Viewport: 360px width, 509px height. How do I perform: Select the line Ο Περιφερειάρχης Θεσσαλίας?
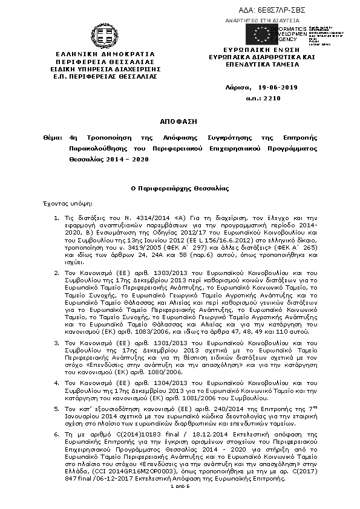180,189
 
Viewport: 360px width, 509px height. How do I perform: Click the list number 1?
55,218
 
